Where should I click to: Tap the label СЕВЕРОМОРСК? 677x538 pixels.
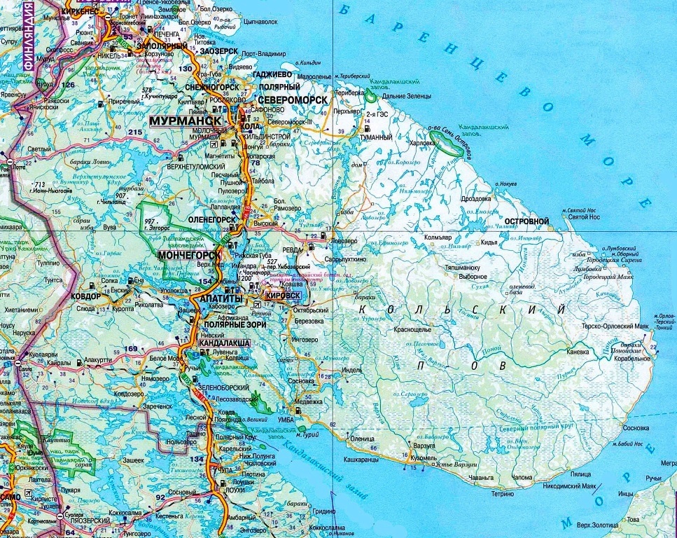point(293,99)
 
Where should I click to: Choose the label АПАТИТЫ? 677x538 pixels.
point(222,299)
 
